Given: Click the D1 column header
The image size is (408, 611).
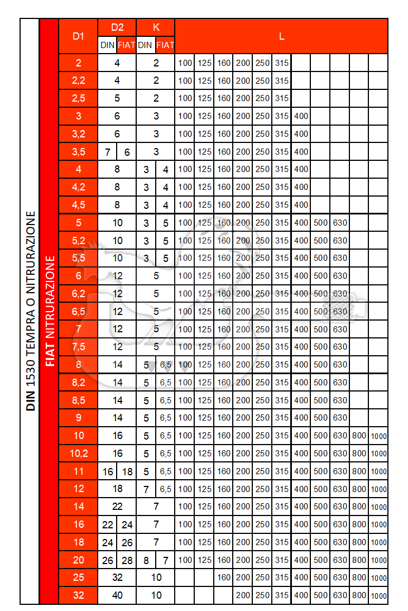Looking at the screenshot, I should tap(78, 36).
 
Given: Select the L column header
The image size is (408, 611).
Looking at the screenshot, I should tap(281, 36).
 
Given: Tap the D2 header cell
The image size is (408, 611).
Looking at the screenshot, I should tap(117, 27).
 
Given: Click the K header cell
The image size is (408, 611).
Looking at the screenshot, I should tap(156, 27).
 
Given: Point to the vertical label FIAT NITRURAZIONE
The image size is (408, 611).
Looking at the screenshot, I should tap(50, 311).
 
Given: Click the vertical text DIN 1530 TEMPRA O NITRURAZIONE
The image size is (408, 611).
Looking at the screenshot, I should tap(30, 311).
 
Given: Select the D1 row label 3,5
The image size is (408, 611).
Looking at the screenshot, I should tap(78, 151).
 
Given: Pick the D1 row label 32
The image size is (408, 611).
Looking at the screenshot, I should tap(78, 595).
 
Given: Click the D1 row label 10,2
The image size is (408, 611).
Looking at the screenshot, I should tap(78, 454).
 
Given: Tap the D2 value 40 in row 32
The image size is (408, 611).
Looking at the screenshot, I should tap(117, 595).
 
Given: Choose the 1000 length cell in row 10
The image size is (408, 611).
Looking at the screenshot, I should tap(378, 436).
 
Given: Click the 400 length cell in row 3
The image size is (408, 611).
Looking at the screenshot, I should tap(301, 116).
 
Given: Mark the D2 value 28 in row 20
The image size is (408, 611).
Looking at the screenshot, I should tap(127, 560).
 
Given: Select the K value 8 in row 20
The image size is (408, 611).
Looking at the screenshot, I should tap(146, 560).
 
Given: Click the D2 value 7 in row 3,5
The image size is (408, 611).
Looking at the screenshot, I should tap(107, 151).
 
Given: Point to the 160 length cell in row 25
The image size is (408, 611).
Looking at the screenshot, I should tap(224, 577).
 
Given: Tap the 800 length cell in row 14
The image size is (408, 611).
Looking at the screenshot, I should tap(359, 507).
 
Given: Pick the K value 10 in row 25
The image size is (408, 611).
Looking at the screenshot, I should tap(156, 577).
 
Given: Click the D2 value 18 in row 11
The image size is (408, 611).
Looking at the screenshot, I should tap(127, 471).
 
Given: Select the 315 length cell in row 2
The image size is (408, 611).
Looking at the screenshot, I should tap(282, 63).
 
